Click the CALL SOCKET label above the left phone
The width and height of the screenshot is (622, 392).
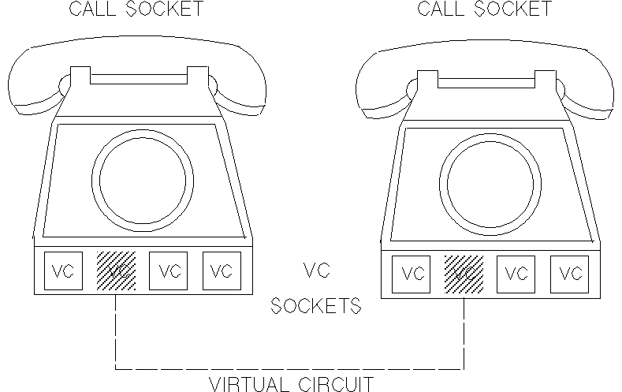pyautogui.click(x=136, y=9)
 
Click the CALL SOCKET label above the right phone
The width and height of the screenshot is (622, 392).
pyautogui.click(x=484, y=9)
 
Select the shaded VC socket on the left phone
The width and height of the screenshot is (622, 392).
pyautogui.click(x=116, y=271)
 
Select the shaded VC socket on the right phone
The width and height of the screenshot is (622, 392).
pyautogui.click(x=464, y=274)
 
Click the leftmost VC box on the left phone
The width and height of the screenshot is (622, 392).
pyautogui.click(x=62, y=271)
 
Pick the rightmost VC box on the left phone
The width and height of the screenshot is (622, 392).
pyautogui.click(x=222, y=271)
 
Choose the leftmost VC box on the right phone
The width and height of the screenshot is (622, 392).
pyautogui.click(x=412, y=274)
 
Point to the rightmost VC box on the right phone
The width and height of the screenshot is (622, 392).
pyautogui.click(x=569, y=274)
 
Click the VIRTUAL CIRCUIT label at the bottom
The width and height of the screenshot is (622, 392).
pyautogui.click(x=290, y=384)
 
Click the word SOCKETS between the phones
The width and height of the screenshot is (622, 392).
pyautogui.click(x=316, y=306)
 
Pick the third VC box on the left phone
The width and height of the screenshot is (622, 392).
pyautogui.click(x=169, y=271)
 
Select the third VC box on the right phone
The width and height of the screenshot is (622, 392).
pyautogui.click(x=516, y=274)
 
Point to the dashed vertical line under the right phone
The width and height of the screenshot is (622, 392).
pyautogui.click(x=464, y=331)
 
